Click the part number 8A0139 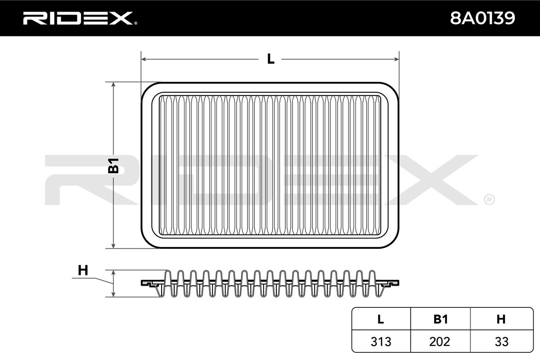coord(481,18)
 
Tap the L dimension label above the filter coord(270,59)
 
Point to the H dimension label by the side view coord(83,270)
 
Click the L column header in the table coord(380,319)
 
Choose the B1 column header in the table coord(440,319)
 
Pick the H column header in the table coord(501,319)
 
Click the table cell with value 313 coord(380,342)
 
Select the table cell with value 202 coord(440,342)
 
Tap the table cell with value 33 coord(501,342)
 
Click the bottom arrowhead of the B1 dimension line coord(113,245)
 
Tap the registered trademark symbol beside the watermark coord(489,198)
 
